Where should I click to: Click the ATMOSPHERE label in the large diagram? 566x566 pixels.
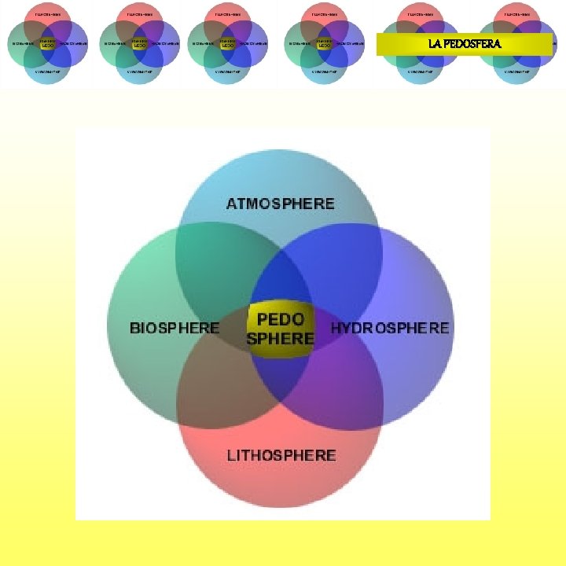280,204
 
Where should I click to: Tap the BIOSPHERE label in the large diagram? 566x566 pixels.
174,328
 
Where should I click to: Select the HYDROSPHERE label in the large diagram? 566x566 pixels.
390,328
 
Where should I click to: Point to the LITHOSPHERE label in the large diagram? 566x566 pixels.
281,455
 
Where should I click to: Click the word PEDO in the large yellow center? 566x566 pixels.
281,320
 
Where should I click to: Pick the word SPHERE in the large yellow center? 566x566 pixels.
281,339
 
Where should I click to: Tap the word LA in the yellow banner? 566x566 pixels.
436,44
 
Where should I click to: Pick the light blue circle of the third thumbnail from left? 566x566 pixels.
228,72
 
